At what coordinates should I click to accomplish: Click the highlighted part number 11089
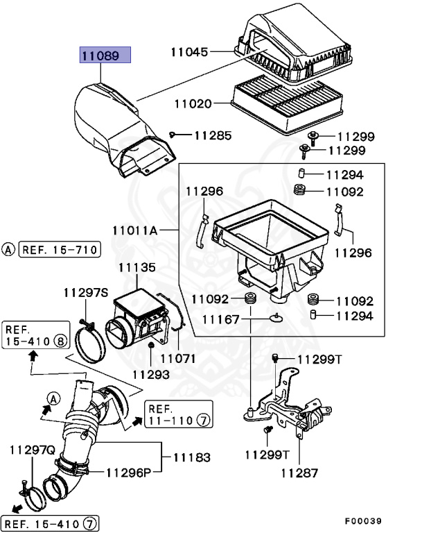click(x=105, y=56)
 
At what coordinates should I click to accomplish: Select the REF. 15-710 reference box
click(x=59, y=250)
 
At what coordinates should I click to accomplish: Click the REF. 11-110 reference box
click(x=177, y=414)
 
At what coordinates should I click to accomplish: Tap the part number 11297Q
click(x=32, y=450)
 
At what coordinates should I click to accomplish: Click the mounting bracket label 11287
click(x=299, y=473)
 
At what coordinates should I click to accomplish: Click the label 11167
click(x=220, y=319)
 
